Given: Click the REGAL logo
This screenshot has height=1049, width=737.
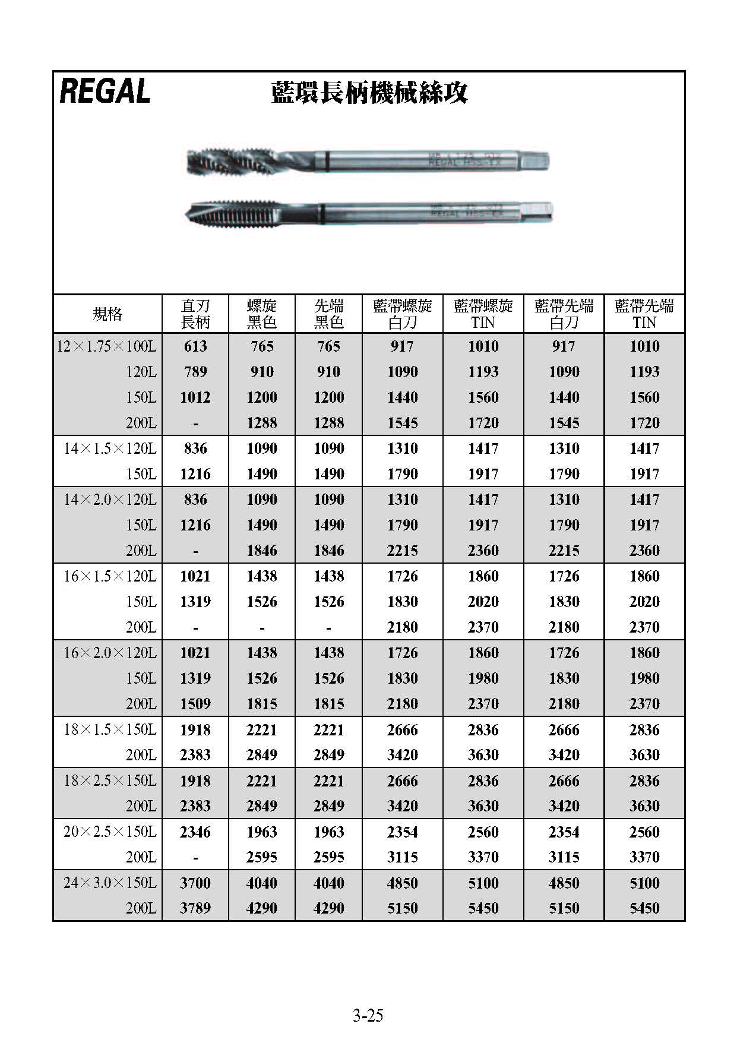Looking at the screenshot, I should coord(105,91).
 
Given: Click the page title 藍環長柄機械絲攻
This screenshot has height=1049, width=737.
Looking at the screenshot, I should coord(369,93).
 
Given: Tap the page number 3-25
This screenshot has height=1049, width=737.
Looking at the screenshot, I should coord(368,1015).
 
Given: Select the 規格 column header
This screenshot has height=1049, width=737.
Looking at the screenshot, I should coord(107,314).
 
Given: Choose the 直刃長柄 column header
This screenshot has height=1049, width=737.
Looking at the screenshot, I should coord(195,314).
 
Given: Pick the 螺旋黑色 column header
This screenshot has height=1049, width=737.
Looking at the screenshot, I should coord(262,314).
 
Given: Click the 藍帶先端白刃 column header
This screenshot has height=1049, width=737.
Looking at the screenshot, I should coord(564,314).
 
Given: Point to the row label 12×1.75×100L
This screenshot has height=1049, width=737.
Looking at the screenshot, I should coord(107,346).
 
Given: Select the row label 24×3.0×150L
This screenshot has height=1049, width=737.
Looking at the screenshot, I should coord(110,883).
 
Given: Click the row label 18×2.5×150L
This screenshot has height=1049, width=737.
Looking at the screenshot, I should coord(110,781).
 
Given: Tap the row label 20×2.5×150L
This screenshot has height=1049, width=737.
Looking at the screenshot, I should coord(110,832).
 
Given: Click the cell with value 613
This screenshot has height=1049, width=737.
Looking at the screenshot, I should coord(195,346).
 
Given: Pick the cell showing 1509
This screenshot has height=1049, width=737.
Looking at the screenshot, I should coord(195,704).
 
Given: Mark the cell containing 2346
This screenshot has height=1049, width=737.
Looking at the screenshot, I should coord(195,832).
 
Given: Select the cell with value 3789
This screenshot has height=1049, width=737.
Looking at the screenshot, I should coord(195,908).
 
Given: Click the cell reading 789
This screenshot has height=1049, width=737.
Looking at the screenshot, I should coord(195,372).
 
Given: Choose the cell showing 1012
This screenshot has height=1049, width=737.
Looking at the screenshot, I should coord(195,397).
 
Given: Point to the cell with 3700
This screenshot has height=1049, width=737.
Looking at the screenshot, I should coord(195,883).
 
